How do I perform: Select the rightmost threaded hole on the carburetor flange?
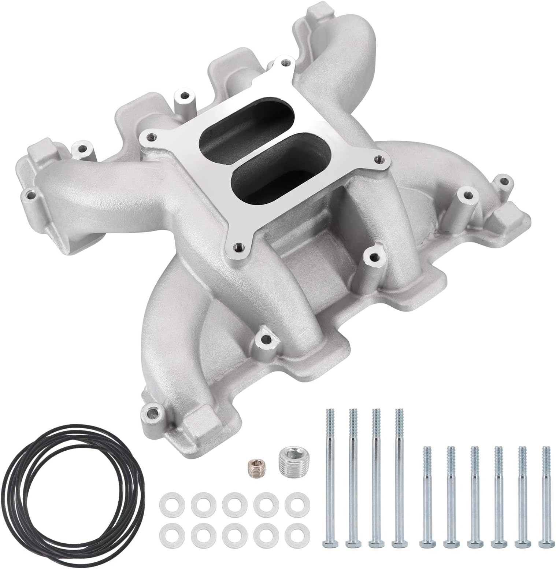(378, 159)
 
